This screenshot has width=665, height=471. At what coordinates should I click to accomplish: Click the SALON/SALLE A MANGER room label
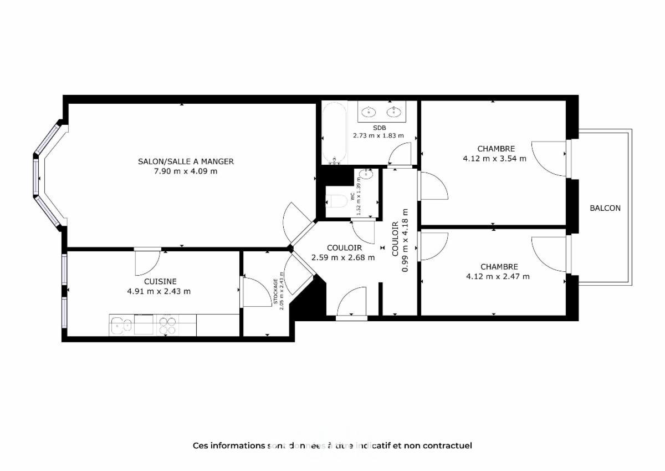coord(186,161)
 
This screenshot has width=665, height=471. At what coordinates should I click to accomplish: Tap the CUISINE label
coord(160,281)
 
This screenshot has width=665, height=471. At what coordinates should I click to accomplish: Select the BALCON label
coord(605,208)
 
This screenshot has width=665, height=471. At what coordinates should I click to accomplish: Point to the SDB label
coord(379,128)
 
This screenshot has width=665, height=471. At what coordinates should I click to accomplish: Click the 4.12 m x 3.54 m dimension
coord(495,158)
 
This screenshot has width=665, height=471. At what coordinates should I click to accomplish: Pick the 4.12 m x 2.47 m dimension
coord(498,276)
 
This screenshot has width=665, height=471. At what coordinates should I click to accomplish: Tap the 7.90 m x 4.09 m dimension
coord(186,171)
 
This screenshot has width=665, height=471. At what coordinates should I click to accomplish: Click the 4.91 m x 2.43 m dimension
coord(159,291)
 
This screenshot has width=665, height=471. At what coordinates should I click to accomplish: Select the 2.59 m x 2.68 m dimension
coord(343,257)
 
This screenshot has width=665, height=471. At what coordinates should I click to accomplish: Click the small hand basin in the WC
coord(366,174)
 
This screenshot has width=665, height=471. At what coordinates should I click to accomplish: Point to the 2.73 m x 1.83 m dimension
coord(378,135)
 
